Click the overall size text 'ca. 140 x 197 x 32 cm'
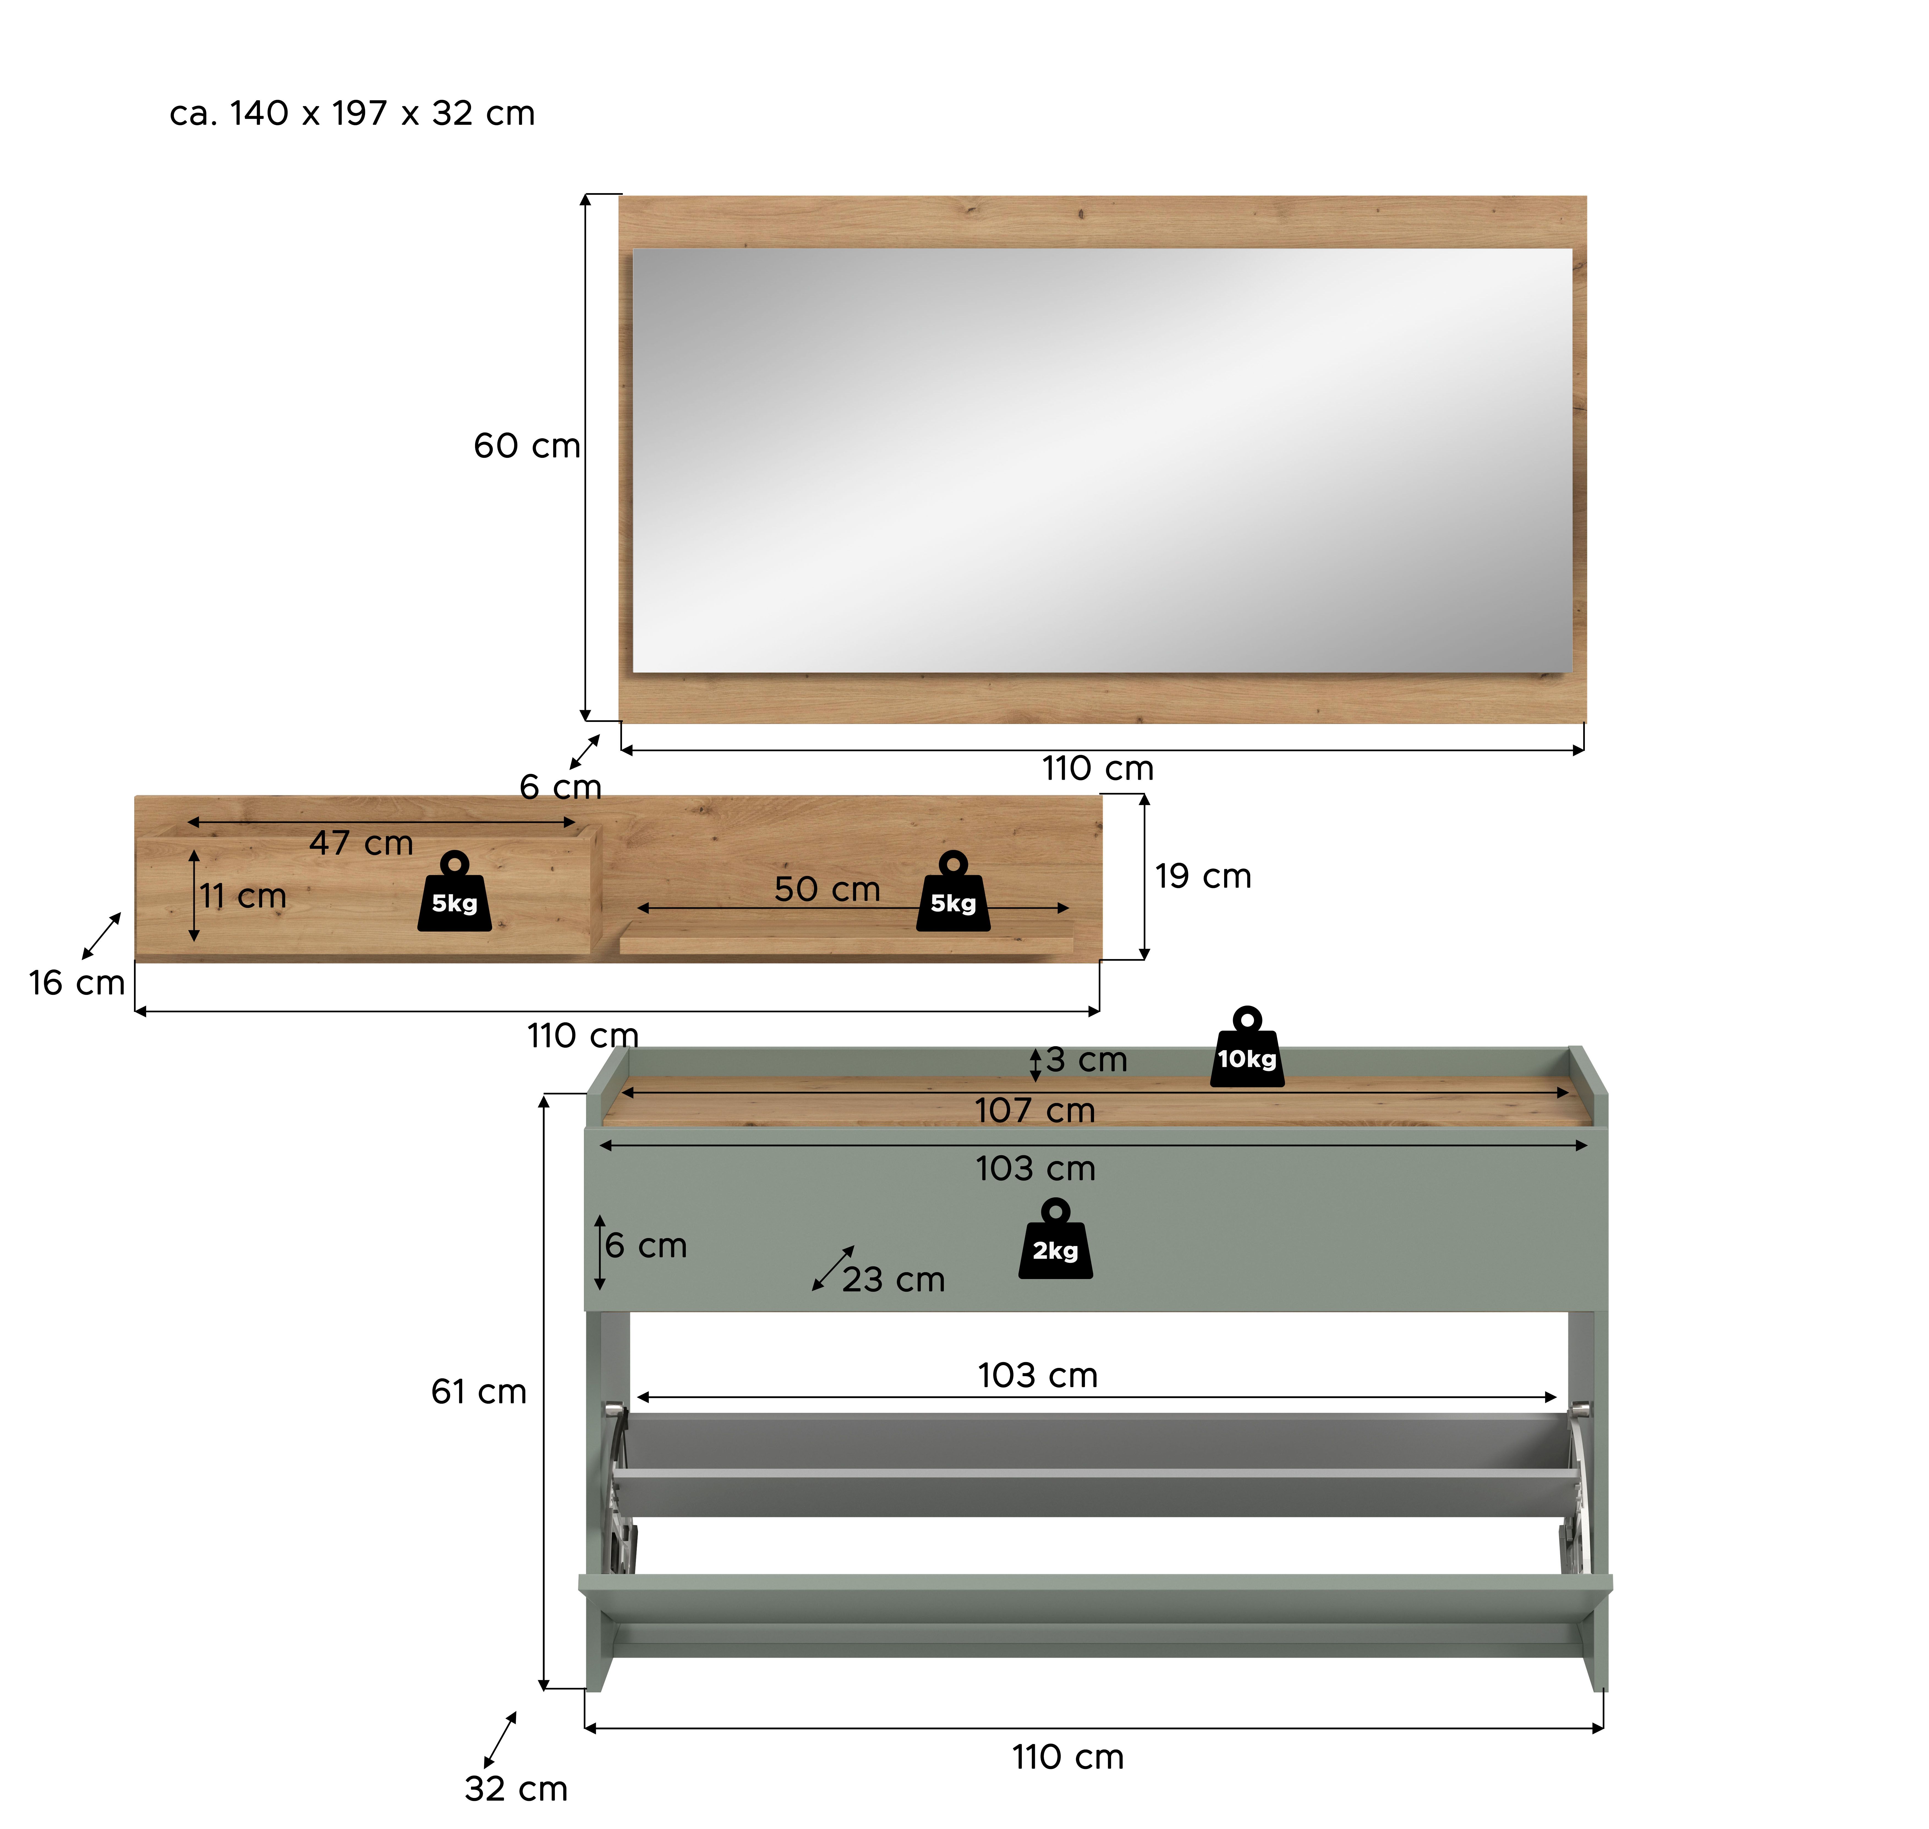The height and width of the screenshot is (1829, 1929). tap(352, 113)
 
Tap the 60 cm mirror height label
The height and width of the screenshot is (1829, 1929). tap(526, 445)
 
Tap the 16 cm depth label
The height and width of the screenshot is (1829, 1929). tap(77, 983)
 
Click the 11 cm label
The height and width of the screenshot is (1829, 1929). tap(243, 896)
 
